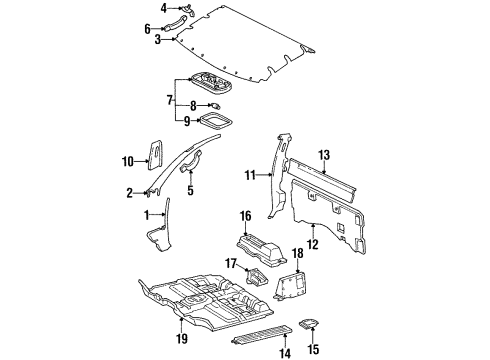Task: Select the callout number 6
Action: (x=148, y=28)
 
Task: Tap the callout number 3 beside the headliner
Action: (x=157, y=41)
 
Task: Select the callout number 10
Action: (x=127, y=161)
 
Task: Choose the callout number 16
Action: (x=245, y=215)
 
